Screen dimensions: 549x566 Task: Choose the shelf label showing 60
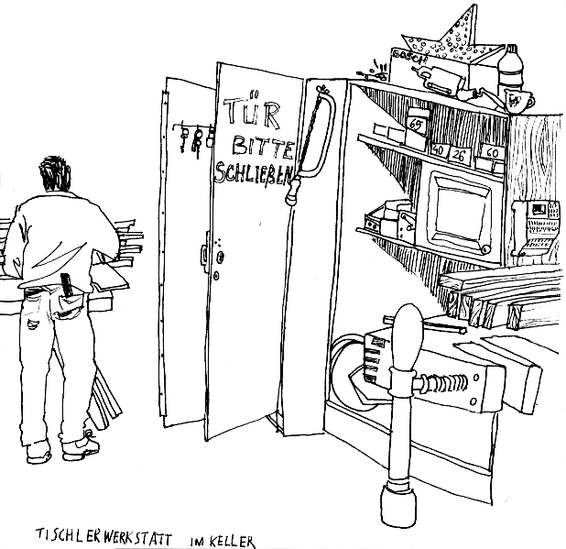click(492, 154)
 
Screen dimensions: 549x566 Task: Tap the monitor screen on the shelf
click(462, 213)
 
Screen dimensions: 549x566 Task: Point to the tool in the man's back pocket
click(65, 285)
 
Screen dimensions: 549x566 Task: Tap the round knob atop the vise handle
click(407, 323)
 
